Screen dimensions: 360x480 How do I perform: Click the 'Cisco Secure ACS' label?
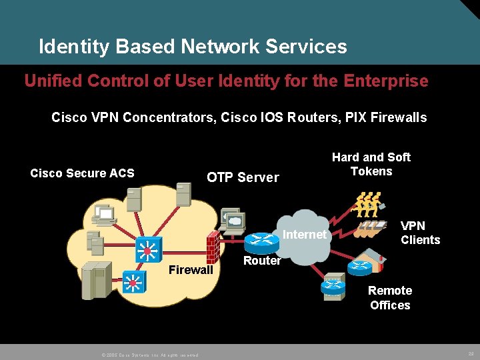82,173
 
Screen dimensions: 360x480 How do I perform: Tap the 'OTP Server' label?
243,177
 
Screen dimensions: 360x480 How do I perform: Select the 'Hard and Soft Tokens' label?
371,164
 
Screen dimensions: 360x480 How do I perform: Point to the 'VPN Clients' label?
420,233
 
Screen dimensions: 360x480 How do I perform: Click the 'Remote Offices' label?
390,298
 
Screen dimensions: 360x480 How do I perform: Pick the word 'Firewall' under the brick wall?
191,270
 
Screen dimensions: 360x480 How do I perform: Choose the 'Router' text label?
262,261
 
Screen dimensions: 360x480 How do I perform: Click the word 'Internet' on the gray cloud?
305,235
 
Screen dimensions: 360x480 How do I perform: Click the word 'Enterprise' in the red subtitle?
386,81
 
